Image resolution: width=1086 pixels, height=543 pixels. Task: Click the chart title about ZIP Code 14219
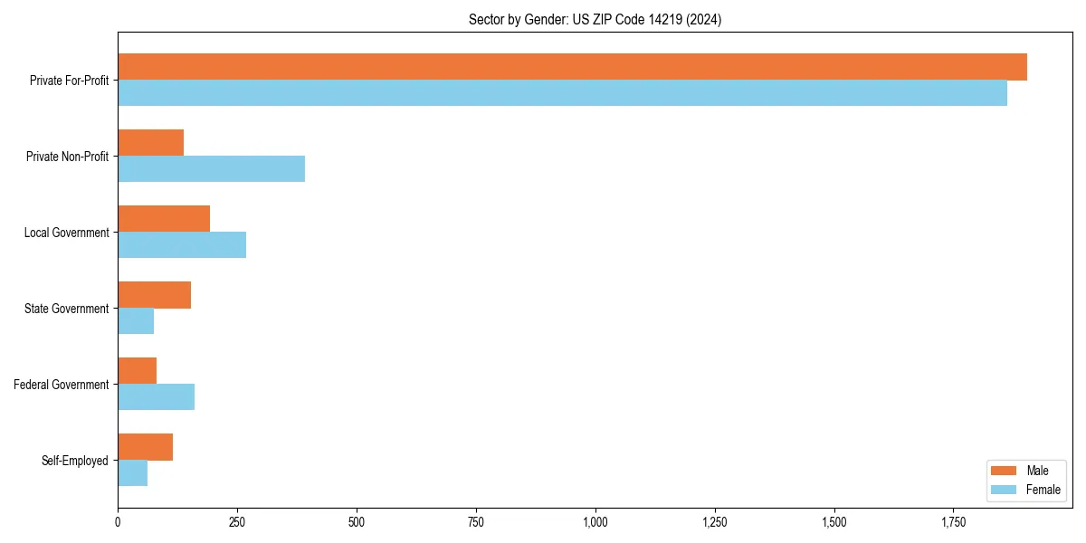click(595, 19)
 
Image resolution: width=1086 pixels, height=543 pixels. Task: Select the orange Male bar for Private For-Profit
click(572, 67)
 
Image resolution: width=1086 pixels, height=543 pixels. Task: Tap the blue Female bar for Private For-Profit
click(562, 93)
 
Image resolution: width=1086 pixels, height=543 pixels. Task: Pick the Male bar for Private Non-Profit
click(151, 143)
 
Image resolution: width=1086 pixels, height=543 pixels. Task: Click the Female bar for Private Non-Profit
click(211, 169)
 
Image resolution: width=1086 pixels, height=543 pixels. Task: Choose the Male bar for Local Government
click(164, 219)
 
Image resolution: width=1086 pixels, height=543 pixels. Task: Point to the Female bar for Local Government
click(182, 245)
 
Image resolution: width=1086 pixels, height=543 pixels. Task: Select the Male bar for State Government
click(155, 295)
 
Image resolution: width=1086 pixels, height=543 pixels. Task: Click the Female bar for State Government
click(136, 321)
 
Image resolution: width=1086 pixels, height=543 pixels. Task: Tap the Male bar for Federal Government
click(138, 371)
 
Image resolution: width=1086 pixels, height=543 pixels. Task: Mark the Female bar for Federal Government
click(156, 397)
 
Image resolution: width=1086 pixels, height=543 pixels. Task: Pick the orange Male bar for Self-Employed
click(146, 447)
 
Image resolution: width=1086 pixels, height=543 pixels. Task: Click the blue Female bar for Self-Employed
click(133, 473)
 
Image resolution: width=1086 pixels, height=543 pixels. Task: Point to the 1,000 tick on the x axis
click(595, 523)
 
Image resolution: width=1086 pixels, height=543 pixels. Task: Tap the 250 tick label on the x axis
click(237, 523)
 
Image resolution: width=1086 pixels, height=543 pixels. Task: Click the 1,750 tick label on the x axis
click(953, 523)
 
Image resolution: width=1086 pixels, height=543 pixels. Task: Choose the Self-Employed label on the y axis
click(75, 461)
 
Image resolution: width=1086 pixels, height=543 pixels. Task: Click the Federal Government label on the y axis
click(62, 385)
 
